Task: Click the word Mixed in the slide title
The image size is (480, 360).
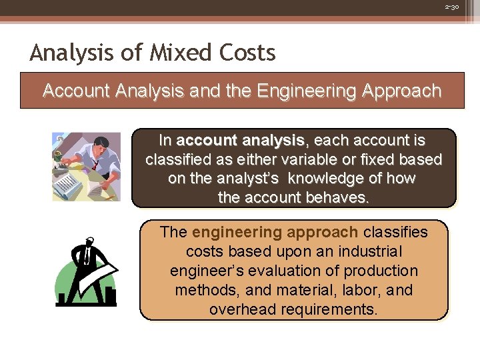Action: [172, 52]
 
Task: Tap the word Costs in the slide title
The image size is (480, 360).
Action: [247, 52]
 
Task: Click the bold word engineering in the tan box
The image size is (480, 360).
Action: [241, 232]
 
